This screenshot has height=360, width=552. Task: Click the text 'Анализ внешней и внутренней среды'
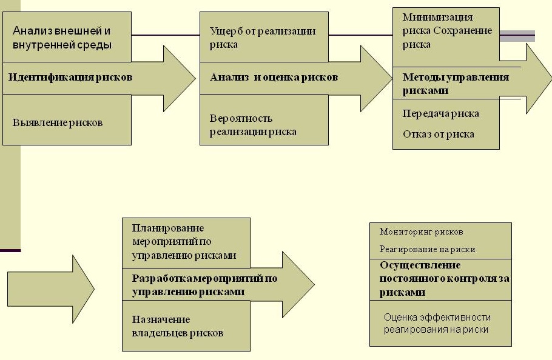(62, 38)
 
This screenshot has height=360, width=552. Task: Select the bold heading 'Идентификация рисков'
(70, 77)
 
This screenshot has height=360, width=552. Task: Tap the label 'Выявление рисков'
(58, 122)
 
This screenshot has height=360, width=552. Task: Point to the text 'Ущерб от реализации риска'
(263, 38)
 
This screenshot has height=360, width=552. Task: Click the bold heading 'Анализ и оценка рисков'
(274, 77)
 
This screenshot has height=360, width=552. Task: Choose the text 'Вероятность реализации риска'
(253, 125)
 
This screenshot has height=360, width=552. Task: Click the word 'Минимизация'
(437, 17)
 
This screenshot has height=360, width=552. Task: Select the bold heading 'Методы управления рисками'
(456, 84)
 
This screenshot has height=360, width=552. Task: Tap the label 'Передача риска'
(441, 113)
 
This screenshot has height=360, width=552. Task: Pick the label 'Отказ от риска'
(439, 134)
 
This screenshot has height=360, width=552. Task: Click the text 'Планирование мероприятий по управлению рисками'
(184, 242)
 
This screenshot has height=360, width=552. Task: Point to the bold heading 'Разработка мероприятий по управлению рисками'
(204, 285)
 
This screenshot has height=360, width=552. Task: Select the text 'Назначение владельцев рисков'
(177, 326)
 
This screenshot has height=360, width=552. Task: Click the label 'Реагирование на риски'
(428, 249)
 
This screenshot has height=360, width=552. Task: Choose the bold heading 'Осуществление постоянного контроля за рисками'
(444, 279)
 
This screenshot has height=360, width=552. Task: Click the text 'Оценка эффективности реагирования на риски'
(437, 324)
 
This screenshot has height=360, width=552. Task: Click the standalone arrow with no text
(51, 289)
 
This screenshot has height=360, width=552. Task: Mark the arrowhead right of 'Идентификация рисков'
(180, 78)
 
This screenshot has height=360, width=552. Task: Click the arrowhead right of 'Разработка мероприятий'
(298, 284)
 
